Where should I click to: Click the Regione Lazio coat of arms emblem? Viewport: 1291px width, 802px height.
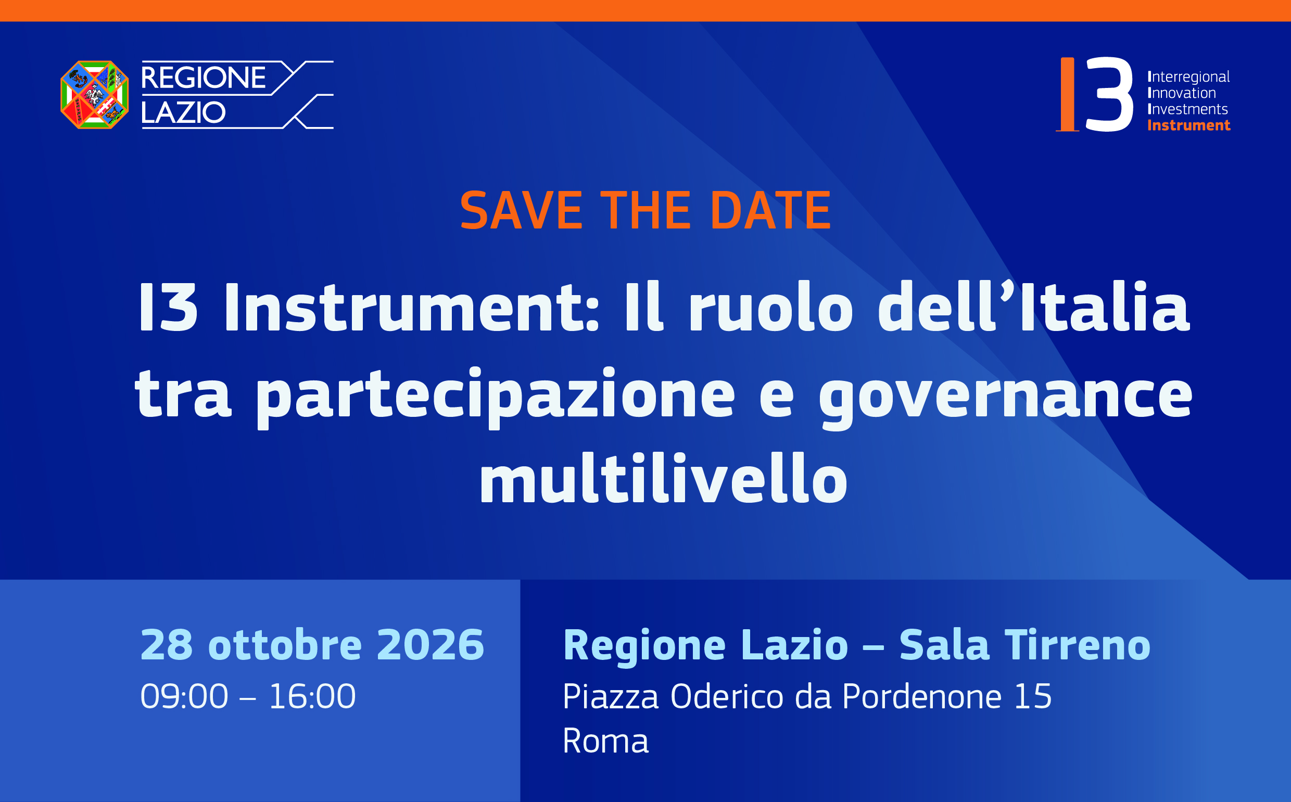click(94, 94)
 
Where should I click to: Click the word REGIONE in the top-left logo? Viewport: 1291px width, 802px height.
click(203, 78)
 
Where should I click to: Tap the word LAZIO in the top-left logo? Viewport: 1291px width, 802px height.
click(183, 112)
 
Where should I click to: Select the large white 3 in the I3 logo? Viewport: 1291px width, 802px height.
click(1109, 94)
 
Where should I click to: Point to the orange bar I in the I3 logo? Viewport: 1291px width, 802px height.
click(1067, 94)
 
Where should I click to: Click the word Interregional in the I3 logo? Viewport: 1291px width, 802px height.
click(1188, 78)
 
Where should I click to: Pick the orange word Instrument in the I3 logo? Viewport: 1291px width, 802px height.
click(1188, 125)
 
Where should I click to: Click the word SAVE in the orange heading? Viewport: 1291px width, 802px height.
click(521, 211)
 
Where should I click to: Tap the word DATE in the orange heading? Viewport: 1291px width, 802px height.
click(770, 211)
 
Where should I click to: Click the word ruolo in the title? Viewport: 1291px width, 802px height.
click(770, 307)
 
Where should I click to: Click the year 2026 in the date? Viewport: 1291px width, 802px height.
click(430, 645)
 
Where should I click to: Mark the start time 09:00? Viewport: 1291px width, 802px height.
click(184, 696)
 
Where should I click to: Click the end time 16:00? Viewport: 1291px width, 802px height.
click(312, 696)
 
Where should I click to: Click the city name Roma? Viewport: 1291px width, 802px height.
click(605, 741)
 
